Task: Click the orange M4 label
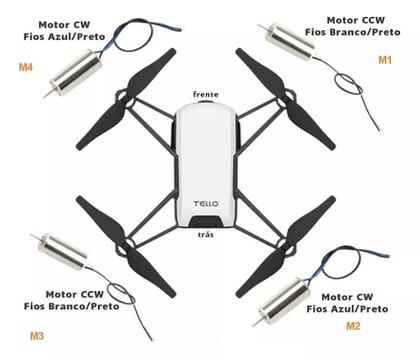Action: tap(26, 68)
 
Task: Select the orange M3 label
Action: tap(37, 335)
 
